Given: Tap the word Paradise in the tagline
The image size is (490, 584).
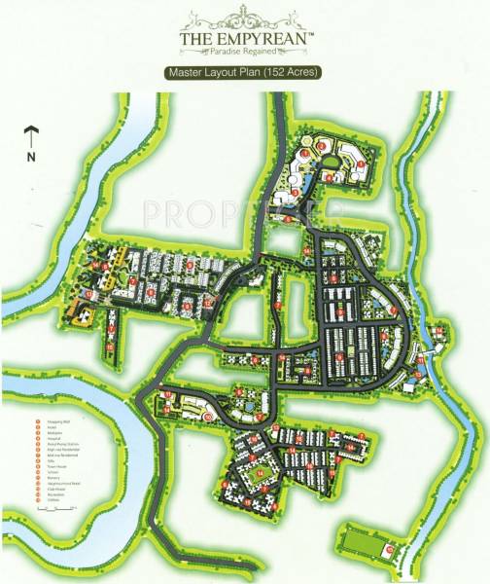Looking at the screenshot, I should [x=229, y=54].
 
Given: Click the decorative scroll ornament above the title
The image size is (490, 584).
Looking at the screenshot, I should [x=245, y=18].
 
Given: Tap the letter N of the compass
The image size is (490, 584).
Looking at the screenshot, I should [x=31, y=156].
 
